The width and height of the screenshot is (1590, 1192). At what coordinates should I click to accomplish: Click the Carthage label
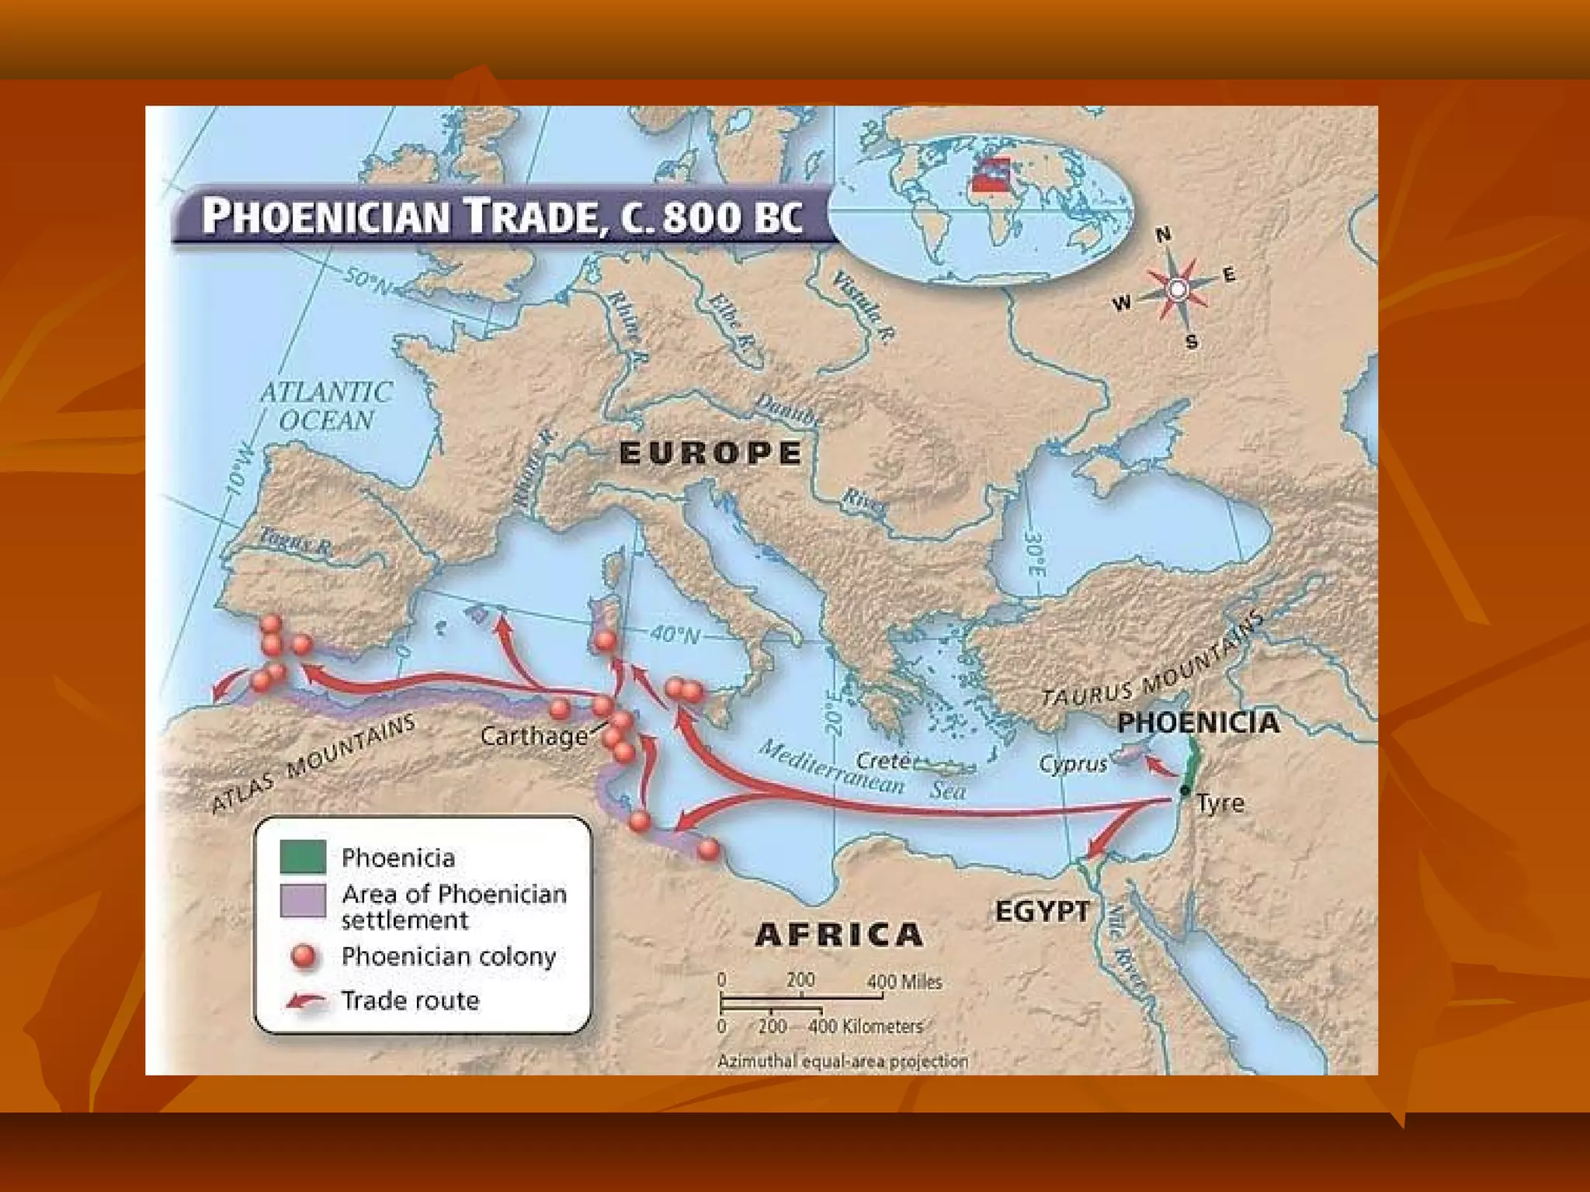coord(534,736)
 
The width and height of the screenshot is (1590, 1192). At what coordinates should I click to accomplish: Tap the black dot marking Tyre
coord(1185,791)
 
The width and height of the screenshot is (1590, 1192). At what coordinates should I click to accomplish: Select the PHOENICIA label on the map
coord(1198,722)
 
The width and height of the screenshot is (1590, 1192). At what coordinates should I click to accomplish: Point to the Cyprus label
coord(1073,764)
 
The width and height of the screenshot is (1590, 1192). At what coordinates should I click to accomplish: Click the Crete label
coord(883,761)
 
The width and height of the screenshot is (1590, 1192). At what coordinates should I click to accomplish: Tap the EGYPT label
coord(1043,911)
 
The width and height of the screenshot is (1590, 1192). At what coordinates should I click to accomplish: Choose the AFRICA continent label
coord(839,934)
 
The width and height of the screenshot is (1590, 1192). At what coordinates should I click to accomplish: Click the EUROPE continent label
coord(710,453)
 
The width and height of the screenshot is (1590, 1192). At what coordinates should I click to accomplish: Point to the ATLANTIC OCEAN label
coord(326,406)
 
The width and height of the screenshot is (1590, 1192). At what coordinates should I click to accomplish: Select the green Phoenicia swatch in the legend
coord(303,856)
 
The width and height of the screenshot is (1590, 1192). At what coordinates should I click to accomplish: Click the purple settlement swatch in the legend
coord(303,901)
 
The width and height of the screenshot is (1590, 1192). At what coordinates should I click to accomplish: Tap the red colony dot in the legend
coord(304,956)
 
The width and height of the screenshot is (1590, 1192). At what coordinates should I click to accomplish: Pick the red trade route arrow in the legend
coord(304,1001)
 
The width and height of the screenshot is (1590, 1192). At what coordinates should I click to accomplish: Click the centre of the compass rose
coord(1178,289)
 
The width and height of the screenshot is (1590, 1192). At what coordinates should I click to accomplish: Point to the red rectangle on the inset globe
coord(991,176)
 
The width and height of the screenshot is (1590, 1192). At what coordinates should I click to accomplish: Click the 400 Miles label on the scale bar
coord(904,982)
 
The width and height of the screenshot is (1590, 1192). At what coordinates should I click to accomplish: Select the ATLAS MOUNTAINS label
coord(314,764)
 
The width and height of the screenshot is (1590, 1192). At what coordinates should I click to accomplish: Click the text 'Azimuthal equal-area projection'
coord(842,1061)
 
